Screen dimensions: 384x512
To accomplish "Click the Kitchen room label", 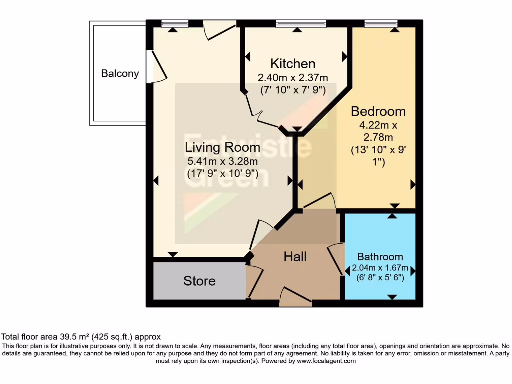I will [293, 64].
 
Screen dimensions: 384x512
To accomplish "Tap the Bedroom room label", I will [378, 111].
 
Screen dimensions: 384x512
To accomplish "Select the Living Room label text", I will [222, 147].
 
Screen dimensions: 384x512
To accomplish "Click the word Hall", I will [295, 257].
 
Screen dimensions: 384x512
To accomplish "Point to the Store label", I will [199, 281].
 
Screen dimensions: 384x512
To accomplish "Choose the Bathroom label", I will [380, 257].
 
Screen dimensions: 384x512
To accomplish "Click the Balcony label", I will [120, 74].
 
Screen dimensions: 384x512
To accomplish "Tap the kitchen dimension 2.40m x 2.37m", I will [293, 78].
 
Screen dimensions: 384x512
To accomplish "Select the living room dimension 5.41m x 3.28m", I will [222, 161].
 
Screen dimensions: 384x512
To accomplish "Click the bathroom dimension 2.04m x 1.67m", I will [380, 268].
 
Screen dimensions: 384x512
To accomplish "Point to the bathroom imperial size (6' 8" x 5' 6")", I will [380, 278].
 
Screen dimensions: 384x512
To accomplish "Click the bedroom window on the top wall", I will [381, 23].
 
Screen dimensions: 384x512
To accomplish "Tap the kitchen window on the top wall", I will [301, 23].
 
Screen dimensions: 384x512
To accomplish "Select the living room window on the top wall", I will [175, 23].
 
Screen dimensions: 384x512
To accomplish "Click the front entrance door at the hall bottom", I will [295, 298].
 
